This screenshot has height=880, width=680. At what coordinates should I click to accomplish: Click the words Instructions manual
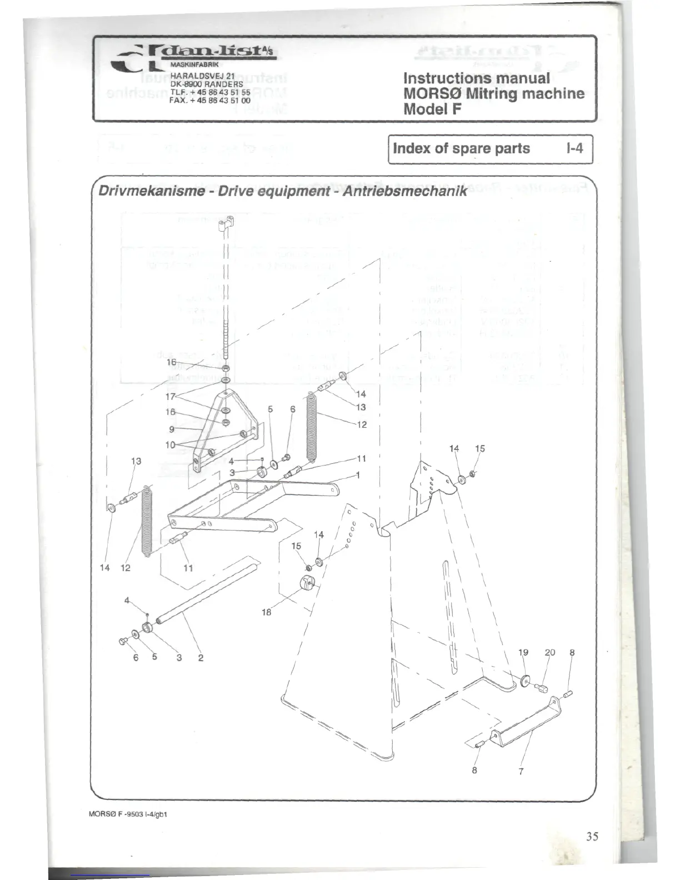click(x=476, y=78)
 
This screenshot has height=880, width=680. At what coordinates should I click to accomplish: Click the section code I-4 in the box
click(x=574, y=148)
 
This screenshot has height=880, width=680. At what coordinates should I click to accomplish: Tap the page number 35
click(x=592, y=836)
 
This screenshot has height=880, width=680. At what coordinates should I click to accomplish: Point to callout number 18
click(x=266, y=612)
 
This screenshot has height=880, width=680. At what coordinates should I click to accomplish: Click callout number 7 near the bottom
click(x=521, y=771)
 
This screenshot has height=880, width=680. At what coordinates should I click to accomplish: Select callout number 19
click(x=523, y=653)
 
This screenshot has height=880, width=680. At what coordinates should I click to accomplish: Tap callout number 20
click(x=550, y=653)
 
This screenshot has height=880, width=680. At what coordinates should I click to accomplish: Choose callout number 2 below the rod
click(x=201, y=658)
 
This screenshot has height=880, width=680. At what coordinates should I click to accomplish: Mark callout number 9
click(x=172, y=429)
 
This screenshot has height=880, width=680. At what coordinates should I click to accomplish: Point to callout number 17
click(x=171, y=397)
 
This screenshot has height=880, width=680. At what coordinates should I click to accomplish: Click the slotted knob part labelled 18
click(x=307, y=585)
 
